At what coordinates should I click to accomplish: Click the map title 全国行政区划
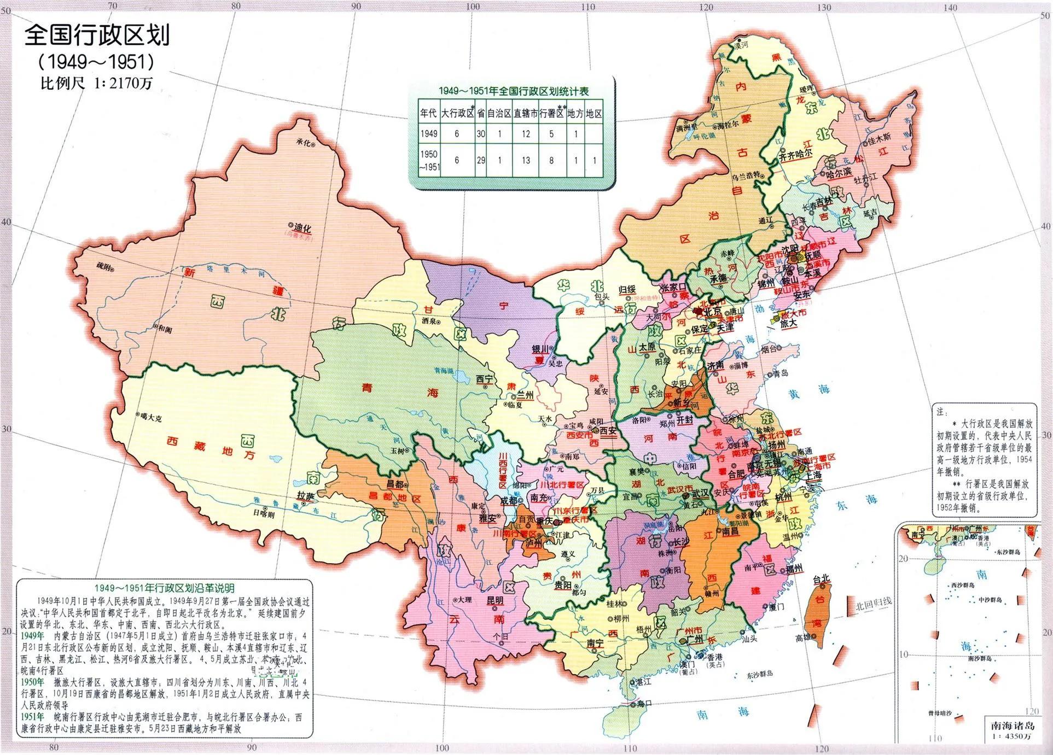click(x=97, y=35)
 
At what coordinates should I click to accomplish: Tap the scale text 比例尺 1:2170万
click(x=96, y=83)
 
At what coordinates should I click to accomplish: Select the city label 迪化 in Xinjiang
click(x=302, y=227)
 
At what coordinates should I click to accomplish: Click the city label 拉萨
click(x=306, y=495)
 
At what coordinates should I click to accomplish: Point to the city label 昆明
click(x=495, y=601)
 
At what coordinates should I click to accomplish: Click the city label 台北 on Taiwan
click(x=821, y=578)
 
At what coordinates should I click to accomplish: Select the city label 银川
click(x=540, y=349)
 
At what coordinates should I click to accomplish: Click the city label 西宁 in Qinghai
click(x=484, y=379)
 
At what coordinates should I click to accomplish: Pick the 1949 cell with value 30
click(x=480, y=134)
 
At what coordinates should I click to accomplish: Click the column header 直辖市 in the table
click(x=525, y=114)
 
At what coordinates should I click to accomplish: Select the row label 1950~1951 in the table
click(x=429, y=161)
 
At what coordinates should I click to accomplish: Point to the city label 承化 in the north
click(x=304, y=142)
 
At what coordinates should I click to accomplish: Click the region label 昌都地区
click(x=403, y=499)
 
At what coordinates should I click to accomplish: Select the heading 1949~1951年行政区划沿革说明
click(x=164, y=588)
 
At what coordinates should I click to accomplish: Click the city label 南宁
click(x=595, y=643)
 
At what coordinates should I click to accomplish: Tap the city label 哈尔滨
click(x=839, y=172)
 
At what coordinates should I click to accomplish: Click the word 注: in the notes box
click(x=941, y=412)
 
